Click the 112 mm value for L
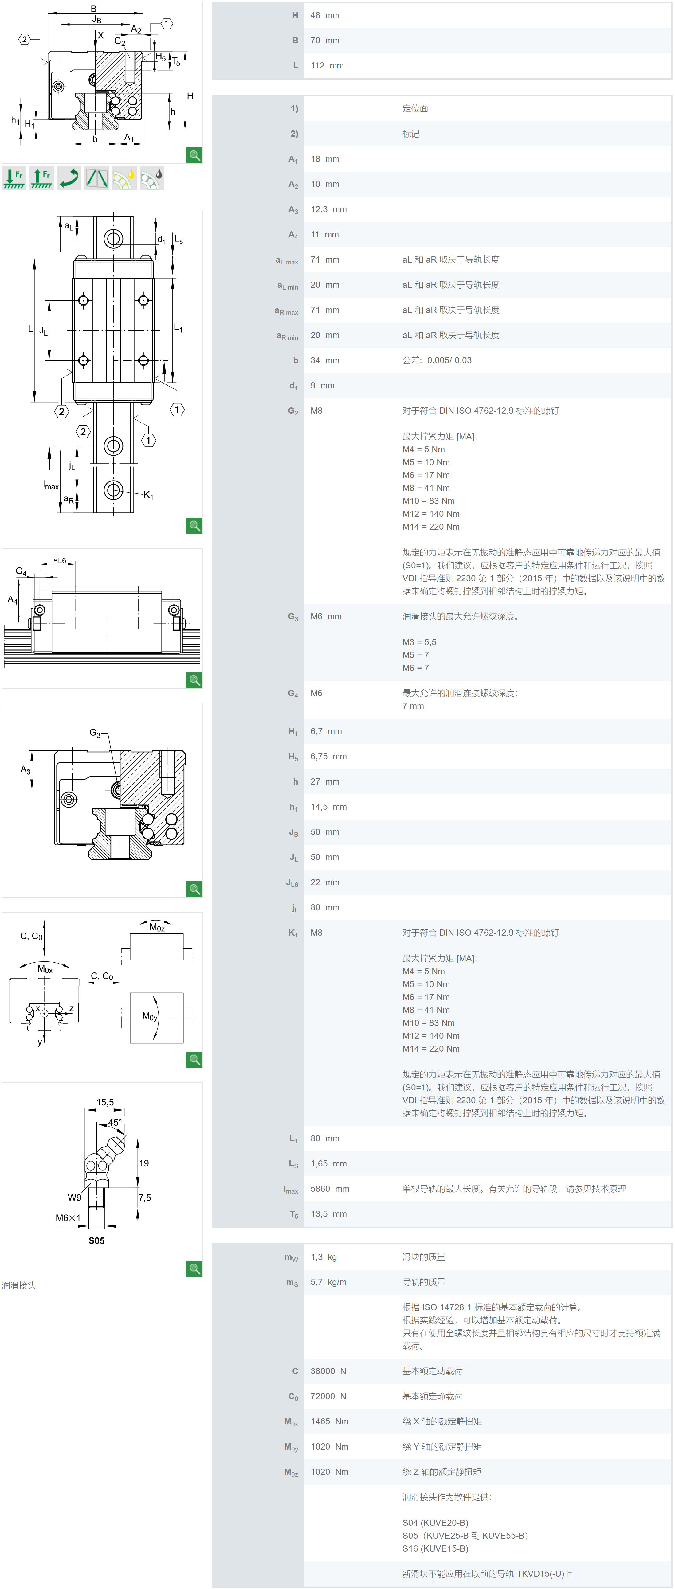(x=327, y=65)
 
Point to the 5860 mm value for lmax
(x=329, y=1189)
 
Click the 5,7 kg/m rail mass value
(x=328, y=1282)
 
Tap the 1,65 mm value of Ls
(x=328, y=1163)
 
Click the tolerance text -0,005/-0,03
(x=448, y=360)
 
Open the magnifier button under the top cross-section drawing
(x=194, y=155)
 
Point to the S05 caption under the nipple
(x=96, y=1240)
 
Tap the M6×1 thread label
(x=68, y=1218)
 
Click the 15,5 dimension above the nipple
(x=105, y=1102)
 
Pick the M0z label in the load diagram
(x=157, y=927)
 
